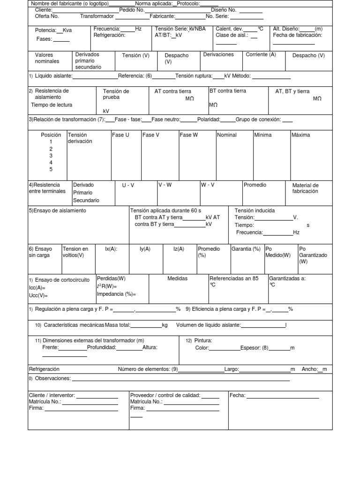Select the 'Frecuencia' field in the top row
pyautogui.click(x=107, y=29)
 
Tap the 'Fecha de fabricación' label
pyautogui.click(x=297, y=35)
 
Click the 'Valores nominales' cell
pyautogui.click(x=47, y=58)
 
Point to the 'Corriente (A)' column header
pyautogui.click(x=261, y=54)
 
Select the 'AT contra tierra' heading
pyautogui.click(x=174, y=91)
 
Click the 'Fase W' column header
pyautogui.click(x=188, y=135)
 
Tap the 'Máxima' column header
pyautogui.click(x=300, y=135)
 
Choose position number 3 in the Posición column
pyautogui.click(x=51, y=156)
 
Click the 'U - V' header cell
pyautogui.click(x=128, y=185)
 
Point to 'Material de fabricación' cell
pyautogui.click(x=305, y=188)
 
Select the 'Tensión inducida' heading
pyautogui.click(x=255, y=210)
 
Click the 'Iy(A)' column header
pyautogui.click(x=145, y=249)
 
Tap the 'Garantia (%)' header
pyautogui.click(x=246, y=249)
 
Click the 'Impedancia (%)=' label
pyautogui.click(x=116, y=294)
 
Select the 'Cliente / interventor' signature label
pyautogui.click(x=52, y=395)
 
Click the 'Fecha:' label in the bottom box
pyautogui.click(x=237, y=395)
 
